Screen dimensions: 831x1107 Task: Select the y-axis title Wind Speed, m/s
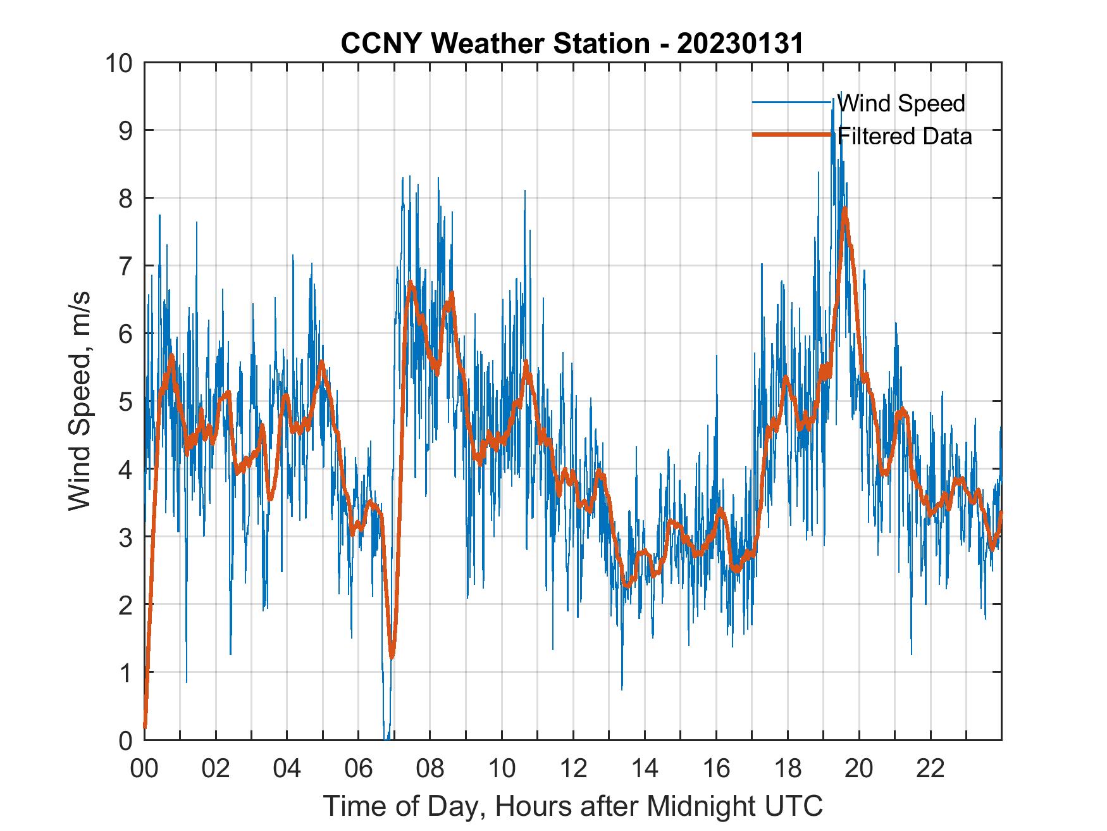click(x=80, y=401)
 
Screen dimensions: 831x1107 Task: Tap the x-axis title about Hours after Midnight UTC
click(x=573, y=806)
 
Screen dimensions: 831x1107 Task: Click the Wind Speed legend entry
click(x=901, y=103)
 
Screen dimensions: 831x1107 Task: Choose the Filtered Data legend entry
click(x=905, y=136)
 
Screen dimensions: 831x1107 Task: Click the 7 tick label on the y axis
click(x=123, y=266)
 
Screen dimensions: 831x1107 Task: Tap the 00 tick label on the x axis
click(x=144, y=769)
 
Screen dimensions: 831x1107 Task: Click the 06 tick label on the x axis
click(x=359, y=769)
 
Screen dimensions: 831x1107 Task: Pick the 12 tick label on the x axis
click(x=573, y=769)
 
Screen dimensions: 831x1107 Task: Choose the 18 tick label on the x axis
click(x=788, y=769)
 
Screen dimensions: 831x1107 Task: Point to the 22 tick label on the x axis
click(x=931, y=769)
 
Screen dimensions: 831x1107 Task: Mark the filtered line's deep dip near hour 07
click(x=392, y=657)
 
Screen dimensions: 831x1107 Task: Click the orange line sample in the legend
click(x=791, y=135)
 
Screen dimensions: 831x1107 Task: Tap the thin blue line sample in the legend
click(x=791, y=103)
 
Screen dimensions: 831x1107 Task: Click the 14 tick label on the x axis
click(x=645, y=769)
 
